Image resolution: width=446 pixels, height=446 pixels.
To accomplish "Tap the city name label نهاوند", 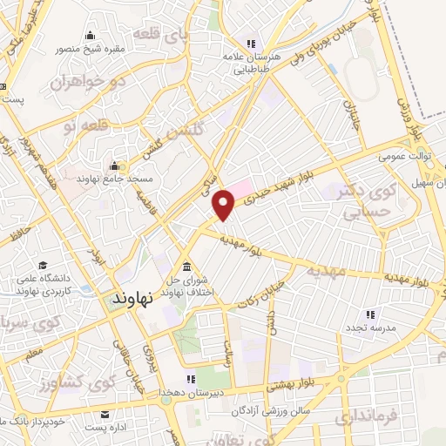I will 133,297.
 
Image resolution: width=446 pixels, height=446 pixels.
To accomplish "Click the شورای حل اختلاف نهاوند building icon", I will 186,267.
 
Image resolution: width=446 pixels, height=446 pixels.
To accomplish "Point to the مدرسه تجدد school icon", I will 369,314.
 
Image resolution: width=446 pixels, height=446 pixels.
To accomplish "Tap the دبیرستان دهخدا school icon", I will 191,380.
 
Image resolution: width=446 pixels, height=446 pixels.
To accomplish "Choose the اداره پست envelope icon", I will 105,415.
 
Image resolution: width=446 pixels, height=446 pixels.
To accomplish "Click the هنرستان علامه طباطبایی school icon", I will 251,44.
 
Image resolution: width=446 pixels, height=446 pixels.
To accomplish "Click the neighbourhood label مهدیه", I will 324,271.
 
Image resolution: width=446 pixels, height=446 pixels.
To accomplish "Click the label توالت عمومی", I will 400,158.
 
